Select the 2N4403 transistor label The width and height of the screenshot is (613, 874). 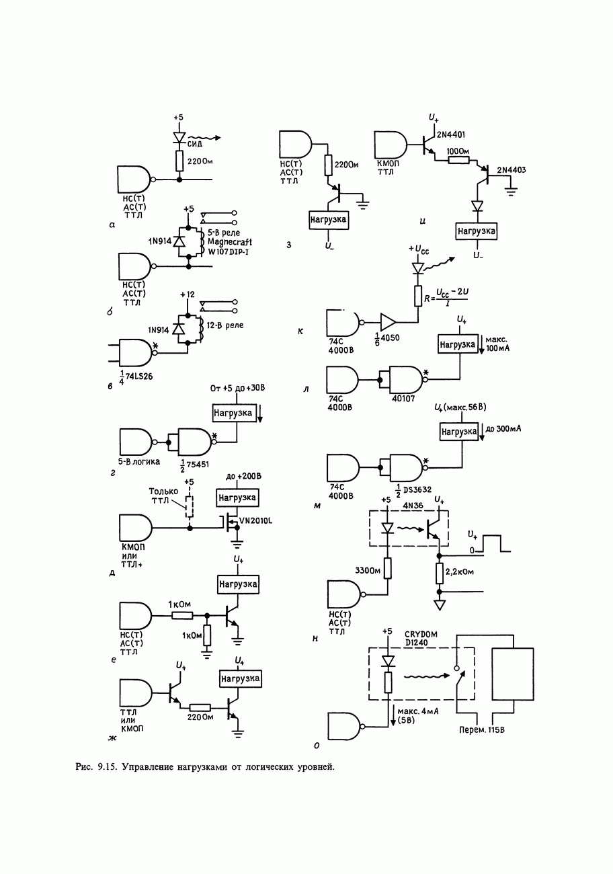[512, 170]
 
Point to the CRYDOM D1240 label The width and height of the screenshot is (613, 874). [422, 638]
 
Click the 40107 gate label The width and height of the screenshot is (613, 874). [405, 398]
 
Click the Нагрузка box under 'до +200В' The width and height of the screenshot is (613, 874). [237, 498]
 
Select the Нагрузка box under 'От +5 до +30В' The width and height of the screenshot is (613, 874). [233, 412]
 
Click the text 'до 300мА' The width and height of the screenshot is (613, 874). [504, 428]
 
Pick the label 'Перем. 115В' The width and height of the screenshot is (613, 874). [481, 730]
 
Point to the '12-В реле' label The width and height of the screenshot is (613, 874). [225, 326]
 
